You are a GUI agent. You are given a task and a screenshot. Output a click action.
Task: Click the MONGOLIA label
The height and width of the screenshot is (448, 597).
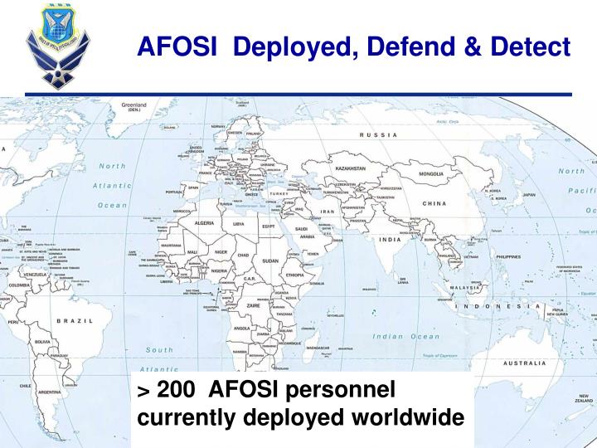coord(431,174)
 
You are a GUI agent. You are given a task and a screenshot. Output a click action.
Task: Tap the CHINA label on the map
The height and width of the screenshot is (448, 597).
coord(434,204)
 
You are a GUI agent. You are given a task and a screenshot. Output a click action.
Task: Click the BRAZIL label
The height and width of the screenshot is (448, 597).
coord(74,320)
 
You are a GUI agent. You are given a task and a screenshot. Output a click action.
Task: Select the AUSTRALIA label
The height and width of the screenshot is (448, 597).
coord(525,363)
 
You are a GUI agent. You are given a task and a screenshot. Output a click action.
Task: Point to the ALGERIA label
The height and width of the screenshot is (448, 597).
coord(209,223)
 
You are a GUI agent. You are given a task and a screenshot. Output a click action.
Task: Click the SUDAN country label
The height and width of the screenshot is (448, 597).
coord(271,261)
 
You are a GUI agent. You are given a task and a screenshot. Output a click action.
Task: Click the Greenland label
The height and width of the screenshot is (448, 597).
coord(134,106)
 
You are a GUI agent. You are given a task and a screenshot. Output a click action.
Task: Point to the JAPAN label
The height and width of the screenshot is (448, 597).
coord(529,195)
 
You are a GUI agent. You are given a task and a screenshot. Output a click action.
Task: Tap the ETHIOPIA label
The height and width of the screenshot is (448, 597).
coord(294,275)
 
